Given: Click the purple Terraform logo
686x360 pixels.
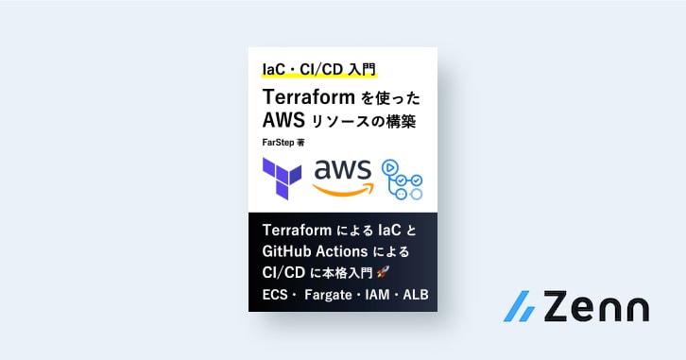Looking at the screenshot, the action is (282, 179).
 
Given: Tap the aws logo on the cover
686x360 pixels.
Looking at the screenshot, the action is (343, 178).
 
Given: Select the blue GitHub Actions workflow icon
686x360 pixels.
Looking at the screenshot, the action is (403, 180).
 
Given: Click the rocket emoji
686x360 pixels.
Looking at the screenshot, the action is (383, 272).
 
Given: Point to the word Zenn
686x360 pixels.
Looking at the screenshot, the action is (596, 306).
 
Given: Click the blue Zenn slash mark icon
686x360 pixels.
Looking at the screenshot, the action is (521, 306).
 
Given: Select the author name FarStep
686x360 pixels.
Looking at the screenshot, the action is (278, 143).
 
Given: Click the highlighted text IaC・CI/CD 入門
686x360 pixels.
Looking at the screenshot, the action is (319, 70).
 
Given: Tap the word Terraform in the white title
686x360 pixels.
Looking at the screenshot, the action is (308, 96).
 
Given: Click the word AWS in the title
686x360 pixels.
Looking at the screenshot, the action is (283, 120).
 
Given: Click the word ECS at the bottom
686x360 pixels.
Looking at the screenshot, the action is (275, 295).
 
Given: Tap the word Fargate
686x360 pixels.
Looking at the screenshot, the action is (328, 295).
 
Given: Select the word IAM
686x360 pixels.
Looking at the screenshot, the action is (377, 295).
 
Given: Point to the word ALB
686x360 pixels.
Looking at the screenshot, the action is (416, 295).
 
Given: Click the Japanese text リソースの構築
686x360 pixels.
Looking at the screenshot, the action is (363, 121).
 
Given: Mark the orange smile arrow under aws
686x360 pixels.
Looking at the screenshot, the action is (343, 189).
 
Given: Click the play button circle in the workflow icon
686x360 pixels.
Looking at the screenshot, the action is (389, 167).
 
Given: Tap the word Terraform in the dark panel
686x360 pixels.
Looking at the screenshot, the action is (297, 231).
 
